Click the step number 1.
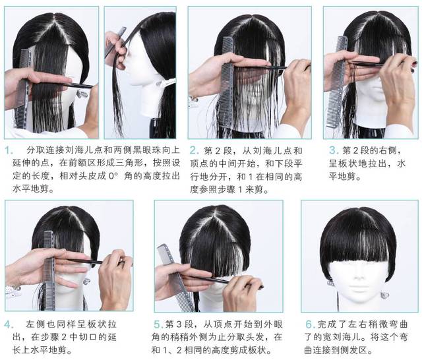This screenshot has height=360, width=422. [9, 150]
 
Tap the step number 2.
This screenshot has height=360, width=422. [194, 150]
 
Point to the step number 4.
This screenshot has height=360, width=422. [9, 325]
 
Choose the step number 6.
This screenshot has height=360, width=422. [310, 324]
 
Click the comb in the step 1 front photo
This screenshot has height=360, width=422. [22, 89]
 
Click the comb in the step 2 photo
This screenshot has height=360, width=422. [226, 84]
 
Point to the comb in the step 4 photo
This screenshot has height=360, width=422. [49, 270]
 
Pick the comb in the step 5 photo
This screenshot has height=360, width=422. [175, 277]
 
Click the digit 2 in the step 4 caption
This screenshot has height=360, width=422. [63, 338]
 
